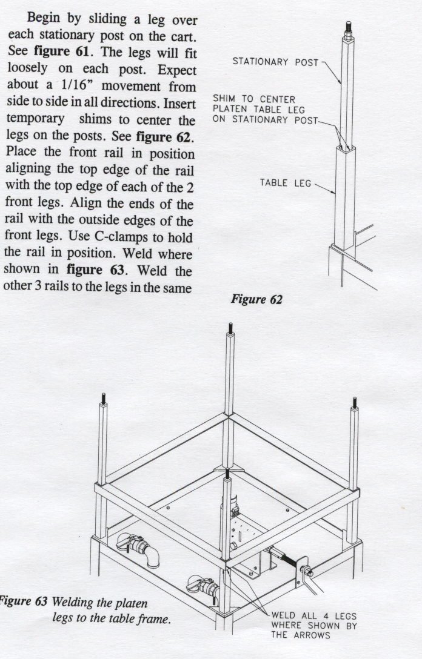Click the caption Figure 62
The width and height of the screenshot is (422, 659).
pos(256,300)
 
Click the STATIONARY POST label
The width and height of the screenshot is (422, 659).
pos(276,62)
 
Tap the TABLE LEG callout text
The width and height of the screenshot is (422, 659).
pos(285,183)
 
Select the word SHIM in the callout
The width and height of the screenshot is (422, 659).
pos(224,99)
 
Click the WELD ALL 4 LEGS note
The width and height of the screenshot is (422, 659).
pos(314,616)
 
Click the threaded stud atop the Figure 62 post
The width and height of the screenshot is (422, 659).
pos(349,28)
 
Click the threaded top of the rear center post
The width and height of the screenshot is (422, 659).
pos(230,328)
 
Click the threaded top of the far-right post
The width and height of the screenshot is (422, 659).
pos(355,402)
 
